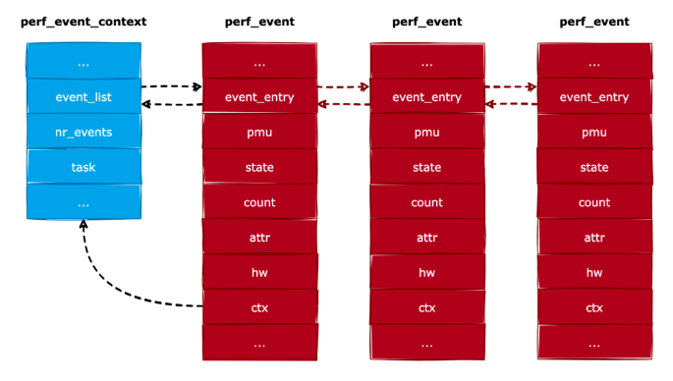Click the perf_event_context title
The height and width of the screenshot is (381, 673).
(x=83, y=22)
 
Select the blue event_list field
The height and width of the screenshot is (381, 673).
(x=84, y=97)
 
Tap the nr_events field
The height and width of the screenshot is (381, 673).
(x=84, y=133)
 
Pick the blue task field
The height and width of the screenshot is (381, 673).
(x=84, y=168)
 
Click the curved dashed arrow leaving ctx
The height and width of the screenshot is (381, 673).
(x=118, y=285)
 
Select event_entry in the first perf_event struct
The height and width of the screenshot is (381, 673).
(x=259, y=97)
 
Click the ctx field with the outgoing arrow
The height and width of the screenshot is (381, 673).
(x=259, y=308)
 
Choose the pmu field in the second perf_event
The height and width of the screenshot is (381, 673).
(x=426, y=133)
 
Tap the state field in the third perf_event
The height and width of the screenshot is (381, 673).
(x=594, y=168)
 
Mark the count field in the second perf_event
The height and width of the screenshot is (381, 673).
(x=426, y=203)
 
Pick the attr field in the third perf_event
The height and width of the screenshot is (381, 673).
(x=594, y=239)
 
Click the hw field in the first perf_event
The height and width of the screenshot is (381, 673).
(x=259, y=273)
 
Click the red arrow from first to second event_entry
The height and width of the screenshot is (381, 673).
(x=344, y=87)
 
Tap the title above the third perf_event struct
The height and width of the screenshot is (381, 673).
(x=594, y=22)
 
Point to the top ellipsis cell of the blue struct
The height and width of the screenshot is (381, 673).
(x=84, y=62)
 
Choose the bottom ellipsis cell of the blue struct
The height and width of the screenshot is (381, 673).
(x=84, y=203)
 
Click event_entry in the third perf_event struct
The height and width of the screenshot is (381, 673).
(x=594, y=97)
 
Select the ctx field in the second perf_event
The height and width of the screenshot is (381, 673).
(x=426, y=308)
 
